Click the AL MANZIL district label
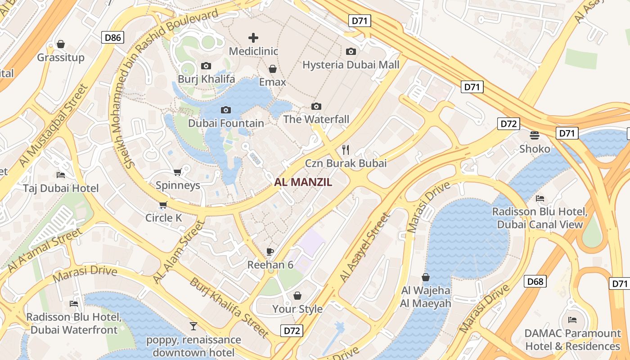[303, 182]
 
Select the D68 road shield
[535, 282]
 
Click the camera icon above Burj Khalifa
[206, 66]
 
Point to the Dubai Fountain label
[226, 123]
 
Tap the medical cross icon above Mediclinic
[253, 38]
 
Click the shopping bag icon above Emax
[272, 69]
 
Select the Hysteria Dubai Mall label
[351, 65]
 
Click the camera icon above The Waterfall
[316, 107]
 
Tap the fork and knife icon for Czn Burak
[346, 150]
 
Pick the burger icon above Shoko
[535, 135]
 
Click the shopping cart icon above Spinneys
[178, 172]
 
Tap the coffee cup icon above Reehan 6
[270, 252]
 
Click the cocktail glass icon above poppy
[193, 326]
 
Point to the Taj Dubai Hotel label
[61, 188]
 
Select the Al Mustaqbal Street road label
[52, 126]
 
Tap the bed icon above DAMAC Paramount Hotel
[572, 320]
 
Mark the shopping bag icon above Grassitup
[61, 44]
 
